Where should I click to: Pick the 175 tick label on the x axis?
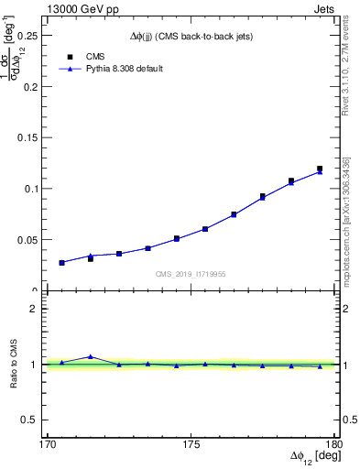(191, 445)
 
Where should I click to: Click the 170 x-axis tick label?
(48, 445)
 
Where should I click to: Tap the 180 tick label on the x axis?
(332, 445)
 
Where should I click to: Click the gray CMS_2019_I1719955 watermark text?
(191, 273)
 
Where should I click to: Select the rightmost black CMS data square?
(320, 169)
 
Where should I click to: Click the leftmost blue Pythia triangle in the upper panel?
(61, 262)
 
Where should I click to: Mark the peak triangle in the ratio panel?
(90, 356)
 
